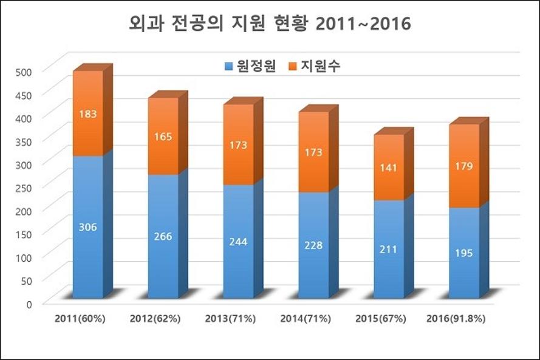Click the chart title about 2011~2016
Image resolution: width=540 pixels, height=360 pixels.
point(270,24)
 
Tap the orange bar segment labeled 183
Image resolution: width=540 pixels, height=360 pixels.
point(87,114)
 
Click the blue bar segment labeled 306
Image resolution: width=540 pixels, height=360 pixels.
point(87,227)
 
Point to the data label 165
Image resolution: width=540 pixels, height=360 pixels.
point(163,136)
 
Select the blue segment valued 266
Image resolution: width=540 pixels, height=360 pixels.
point(163,236)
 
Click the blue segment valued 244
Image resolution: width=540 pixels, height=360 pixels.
point(239,241)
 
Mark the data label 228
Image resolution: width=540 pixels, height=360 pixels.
point(314,245)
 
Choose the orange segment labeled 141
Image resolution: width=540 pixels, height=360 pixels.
point(389,168)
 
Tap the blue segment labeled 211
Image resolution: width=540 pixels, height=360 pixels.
point(389,249)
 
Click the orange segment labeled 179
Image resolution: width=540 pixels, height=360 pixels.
point(465,166)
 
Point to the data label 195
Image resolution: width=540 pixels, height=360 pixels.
point(465,253)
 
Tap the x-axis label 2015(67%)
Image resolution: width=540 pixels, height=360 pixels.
point(381,319)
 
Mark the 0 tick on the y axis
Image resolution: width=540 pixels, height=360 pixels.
point(28,303)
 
